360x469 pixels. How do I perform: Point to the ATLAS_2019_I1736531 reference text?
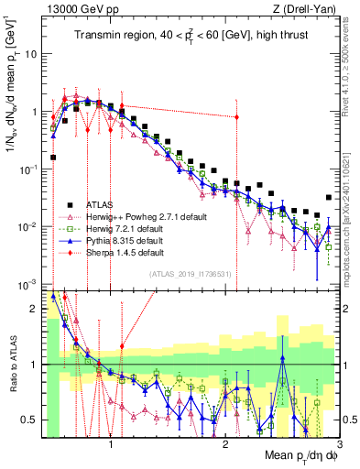pyautogui.click(x=189, y=274)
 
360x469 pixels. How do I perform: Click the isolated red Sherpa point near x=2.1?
pyautogui.click(x=236, y=117)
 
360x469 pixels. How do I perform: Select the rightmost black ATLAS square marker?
pyautogui.click(x=329, y=197)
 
